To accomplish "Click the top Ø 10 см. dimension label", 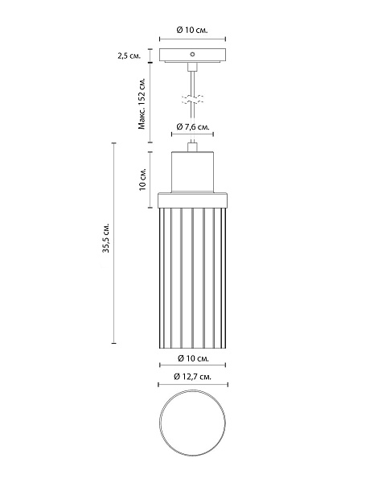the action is point(192,31).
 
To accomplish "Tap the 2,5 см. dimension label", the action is point(129,56).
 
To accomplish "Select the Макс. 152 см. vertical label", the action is point(142,103).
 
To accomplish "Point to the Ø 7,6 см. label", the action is point(193,126).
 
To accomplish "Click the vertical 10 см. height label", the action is point(142,180).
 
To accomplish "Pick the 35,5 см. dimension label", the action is point(106,237).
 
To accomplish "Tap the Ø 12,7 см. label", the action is point(192,377).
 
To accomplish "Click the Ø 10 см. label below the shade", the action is point(193,358).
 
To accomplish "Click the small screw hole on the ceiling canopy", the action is point(192,55).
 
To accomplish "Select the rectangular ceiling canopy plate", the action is point(193,55).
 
